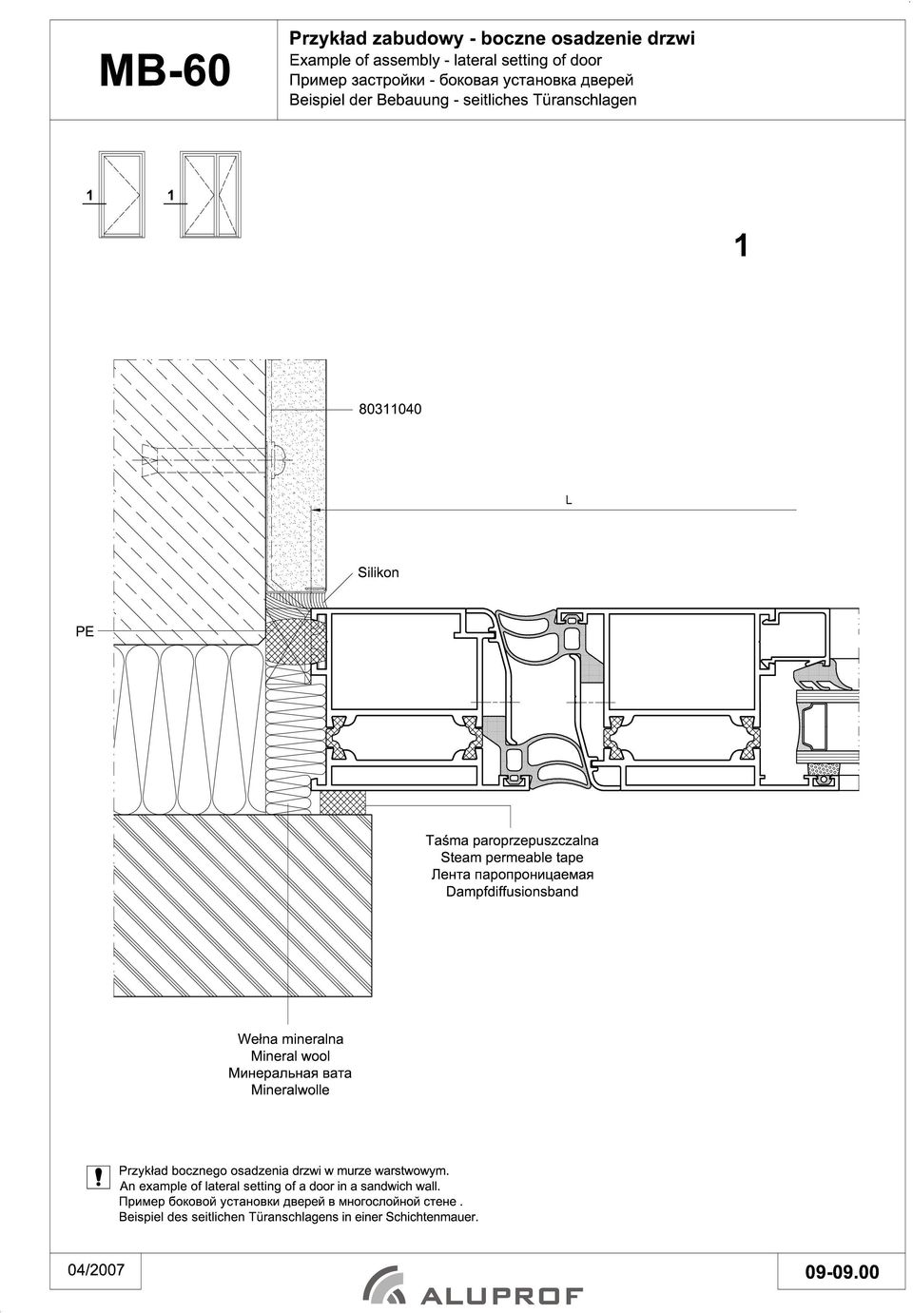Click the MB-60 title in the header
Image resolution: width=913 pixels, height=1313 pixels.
pyautogui.click(x=165, y=71)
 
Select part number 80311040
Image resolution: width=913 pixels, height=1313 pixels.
pyautogui.click(x=390, y=409)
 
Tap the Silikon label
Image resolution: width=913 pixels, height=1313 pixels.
pyautogui.click(x=379, y=572)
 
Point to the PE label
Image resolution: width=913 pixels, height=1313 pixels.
pyautogui.click(x=85, y=631)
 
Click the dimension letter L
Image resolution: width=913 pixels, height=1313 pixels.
pyautogui.click(x=568, y=500)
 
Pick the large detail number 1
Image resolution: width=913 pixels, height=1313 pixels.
pyautogui.click(x=742, y=245)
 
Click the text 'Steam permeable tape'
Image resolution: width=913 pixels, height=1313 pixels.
pyautogui.click(x=512, y=857)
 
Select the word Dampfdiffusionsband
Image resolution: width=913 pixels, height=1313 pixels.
pyautogui.click(x=512, y=891)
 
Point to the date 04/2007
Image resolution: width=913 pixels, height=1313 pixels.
pyautogui.click(x=96, y=1269)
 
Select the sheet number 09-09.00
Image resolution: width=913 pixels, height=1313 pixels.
pyautogui.click(x=842, y=1271)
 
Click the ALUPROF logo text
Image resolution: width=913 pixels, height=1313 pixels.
pyautogui.click(x=501, y=1296)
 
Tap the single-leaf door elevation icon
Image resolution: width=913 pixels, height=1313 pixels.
pyautogui.click(x=122, y=195)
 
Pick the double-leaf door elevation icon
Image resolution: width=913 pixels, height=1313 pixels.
pyautogui.click(x=210, y=195)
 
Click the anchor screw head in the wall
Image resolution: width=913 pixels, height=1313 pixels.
pyautogui.click(x=278, y=459)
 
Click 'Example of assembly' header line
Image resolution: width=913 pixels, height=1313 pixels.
pyautogui.click(x=446, y=60)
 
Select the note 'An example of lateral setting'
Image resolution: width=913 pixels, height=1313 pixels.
pyautogui.click(x=280, y=1187)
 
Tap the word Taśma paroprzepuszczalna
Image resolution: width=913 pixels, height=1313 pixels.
pyautogui.click(x=512, y=840)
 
